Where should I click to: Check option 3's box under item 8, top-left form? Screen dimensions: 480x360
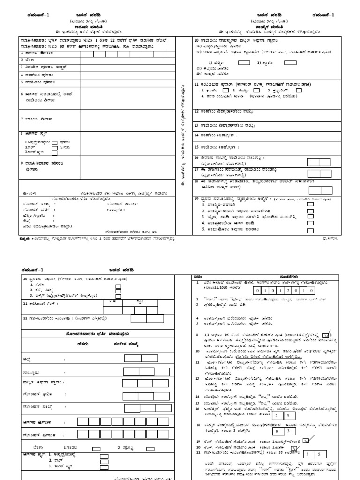click(54, 152)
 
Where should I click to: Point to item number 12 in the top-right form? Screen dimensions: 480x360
click(196, 112)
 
